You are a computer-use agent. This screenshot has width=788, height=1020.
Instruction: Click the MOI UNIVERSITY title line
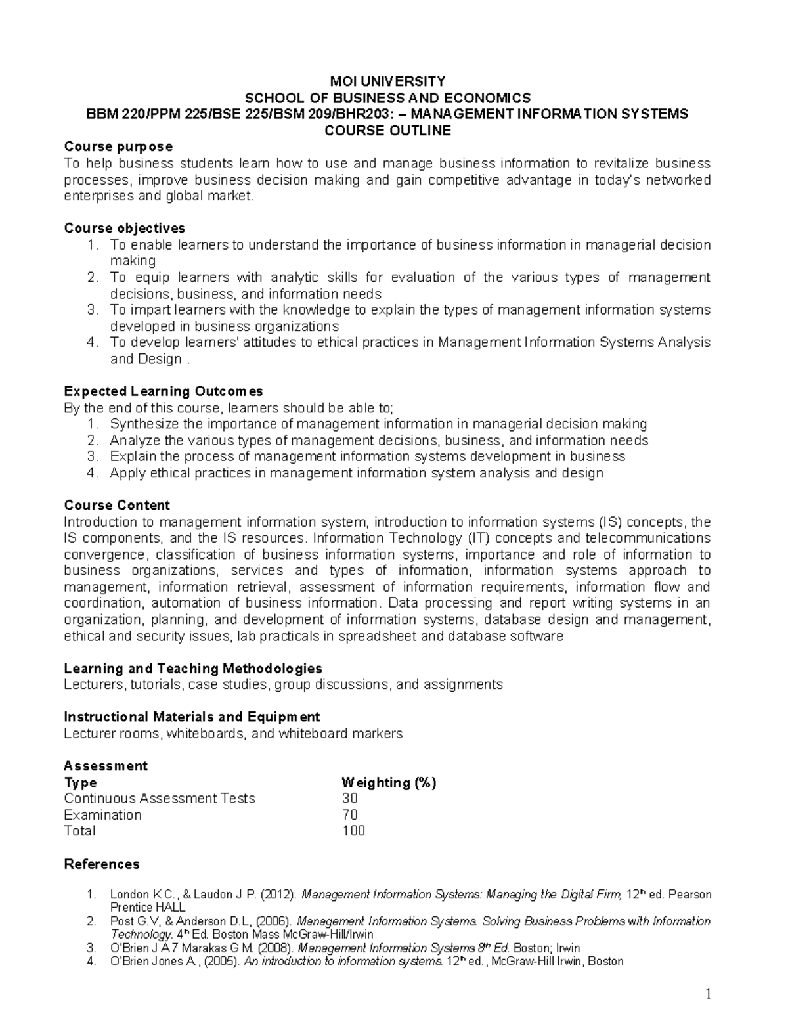387,81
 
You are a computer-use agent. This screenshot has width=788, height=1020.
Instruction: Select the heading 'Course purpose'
118,146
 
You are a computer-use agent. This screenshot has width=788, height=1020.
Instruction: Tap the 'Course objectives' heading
124,228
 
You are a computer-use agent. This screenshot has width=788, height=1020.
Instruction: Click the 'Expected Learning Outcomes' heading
163,391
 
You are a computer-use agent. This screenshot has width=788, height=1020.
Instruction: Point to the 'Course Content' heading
117,505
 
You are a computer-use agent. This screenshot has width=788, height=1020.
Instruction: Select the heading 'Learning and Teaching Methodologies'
193,669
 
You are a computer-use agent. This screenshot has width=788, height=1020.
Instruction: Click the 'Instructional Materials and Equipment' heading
192,717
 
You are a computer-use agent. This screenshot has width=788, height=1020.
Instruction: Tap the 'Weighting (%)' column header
389,782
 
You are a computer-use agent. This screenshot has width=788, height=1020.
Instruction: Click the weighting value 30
350,799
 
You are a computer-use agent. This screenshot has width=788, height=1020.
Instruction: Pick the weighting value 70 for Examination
350,815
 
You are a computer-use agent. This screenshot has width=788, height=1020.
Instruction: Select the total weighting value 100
353,831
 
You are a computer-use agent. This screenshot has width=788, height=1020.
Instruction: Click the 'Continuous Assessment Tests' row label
160,799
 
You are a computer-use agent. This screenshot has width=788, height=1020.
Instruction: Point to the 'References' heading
102,864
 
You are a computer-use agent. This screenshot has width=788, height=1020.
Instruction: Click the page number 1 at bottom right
709,995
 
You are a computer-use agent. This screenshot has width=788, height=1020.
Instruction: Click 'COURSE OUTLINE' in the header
388,130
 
